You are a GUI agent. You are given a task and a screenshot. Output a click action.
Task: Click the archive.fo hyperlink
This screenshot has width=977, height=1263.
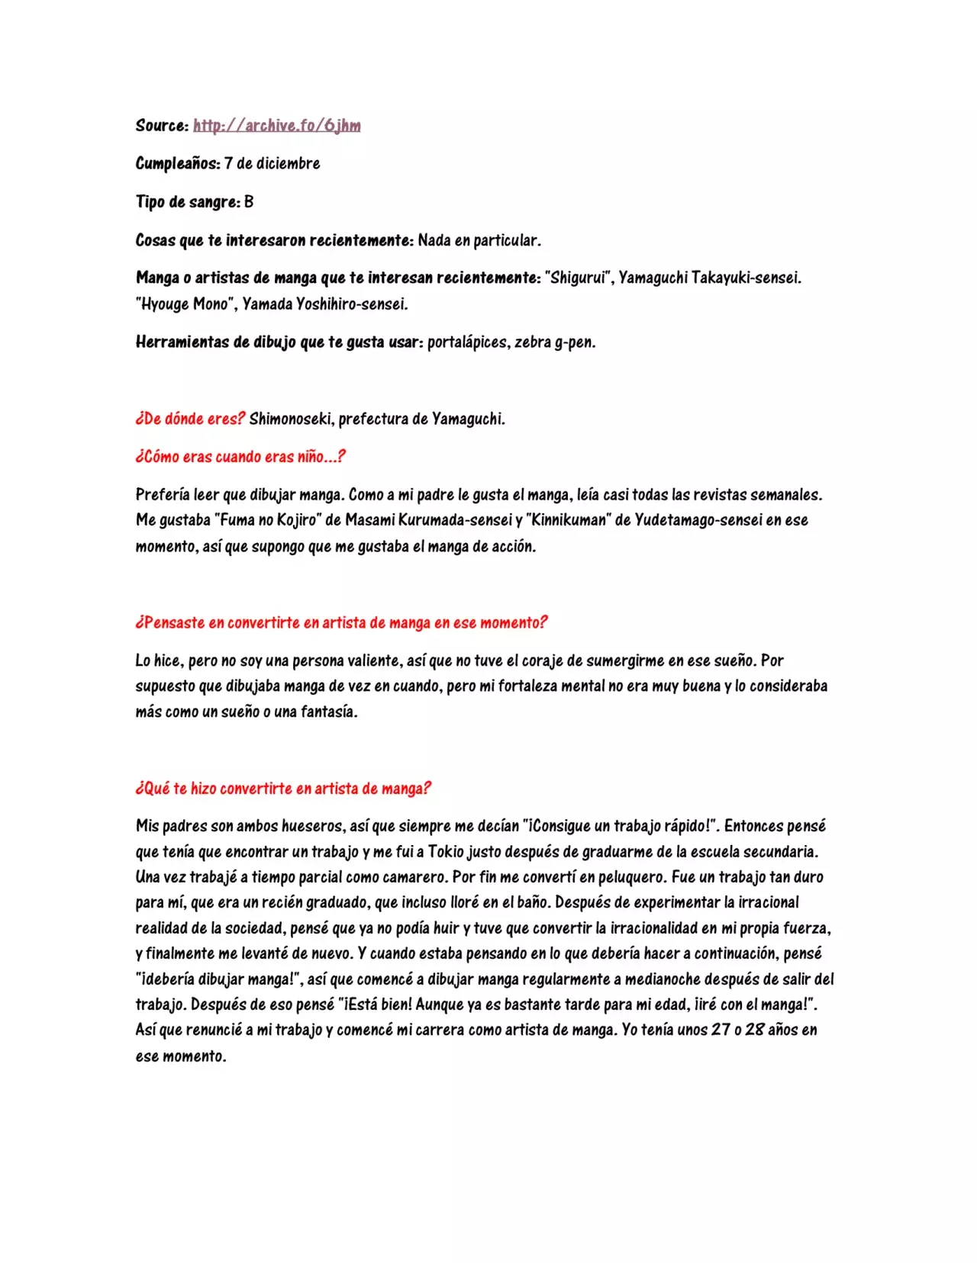[276, 125]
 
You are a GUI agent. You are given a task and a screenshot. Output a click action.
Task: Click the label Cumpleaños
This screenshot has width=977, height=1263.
[178, 163]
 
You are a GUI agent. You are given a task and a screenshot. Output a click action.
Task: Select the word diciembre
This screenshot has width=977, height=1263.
[288, 163]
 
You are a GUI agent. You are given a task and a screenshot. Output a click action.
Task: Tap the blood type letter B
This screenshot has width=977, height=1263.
[249, 201]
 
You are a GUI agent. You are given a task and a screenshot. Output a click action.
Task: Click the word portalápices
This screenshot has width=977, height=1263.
[467, 342]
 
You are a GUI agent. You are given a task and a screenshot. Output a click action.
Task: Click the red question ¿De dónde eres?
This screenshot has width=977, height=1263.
[190, 418]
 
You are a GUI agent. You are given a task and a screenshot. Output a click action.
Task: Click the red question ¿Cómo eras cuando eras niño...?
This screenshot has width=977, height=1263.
[240, 456]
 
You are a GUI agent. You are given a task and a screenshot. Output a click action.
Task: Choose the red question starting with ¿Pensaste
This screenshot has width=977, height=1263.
[341, 622]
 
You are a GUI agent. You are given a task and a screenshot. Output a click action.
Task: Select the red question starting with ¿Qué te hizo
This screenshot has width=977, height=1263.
[283, 788]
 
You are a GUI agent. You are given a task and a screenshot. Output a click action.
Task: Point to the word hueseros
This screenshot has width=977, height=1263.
[312, 826]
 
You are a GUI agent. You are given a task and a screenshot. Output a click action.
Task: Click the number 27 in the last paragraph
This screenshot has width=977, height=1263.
[721, 1030]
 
